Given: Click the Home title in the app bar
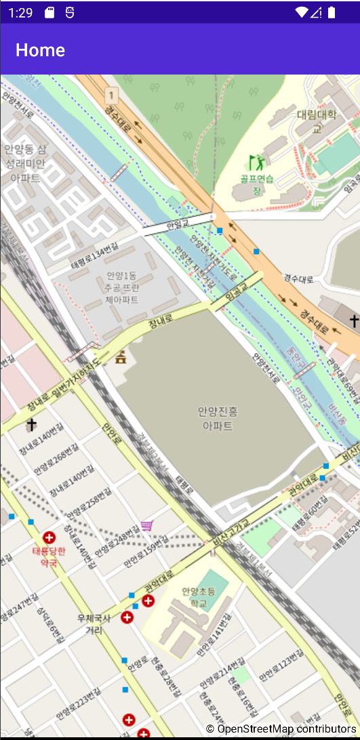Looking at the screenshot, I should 41,50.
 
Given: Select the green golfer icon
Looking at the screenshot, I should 256,163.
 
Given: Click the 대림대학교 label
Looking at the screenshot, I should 317,121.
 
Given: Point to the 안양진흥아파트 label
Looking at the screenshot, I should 218,418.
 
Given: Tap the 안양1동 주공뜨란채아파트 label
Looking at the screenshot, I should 121,287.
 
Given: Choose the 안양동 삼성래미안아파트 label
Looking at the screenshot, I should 25,164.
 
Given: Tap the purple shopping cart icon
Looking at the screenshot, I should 147,526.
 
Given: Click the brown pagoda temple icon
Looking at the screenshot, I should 121,356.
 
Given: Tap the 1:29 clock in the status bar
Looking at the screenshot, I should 21,12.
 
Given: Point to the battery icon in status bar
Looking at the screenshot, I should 332,12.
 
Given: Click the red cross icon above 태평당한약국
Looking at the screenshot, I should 49,537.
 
